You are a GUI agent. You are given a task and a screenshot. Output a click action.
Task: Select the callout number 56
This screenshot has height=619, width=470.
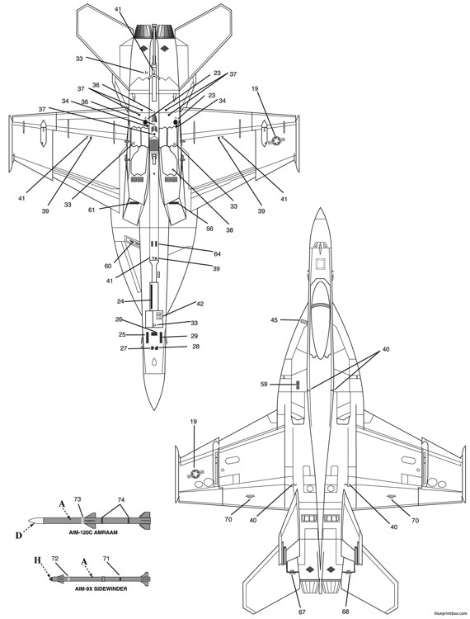209,229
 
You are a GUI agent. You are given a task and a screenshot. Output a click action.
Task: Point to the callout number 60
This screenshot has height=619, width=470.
108,267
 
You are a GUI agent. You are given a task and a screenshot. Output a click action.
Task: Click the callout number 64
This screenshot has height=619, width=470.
218,253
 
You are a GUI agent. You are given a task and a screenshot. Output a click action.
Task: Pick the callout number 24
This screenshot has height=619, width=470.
120,301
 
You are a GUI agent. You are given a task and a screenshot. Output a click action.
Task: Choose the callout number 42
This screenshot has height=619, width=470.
200,304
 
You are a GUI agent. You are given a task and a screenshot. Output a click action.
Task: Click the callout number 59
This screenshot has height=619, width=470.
265,384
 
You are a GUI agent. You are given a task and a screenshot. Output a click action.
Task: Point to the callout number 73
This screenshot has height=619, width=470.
78,500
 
